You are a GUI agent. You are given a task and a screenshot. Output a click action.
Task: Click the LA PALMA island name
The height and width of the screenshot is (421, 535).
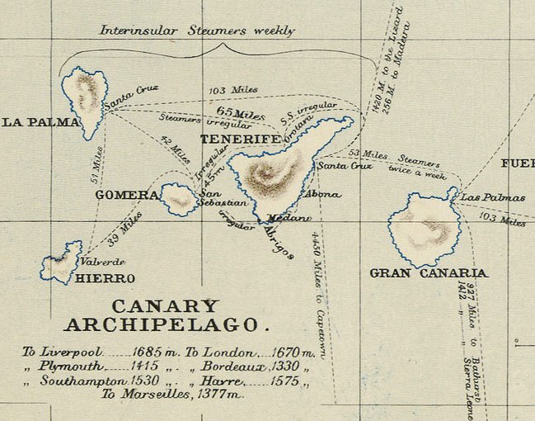click(x=40, y=122)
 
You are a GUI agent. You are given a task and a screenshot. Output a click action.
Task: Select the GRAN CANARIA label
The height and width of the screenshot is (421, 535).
click(x=428, y=272)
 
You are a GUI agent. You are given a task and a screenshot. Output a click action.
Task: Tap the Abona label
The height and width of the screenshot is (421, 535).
click(x=321, y=194)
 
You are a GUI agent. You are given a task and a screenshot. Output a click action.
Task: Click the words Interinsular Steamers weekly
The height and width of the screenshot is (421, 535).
click(x=197, y=31)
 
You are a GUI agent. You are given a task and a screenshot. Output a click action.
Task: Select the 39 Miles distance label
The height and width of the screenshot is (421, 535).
click(x=124, y=229)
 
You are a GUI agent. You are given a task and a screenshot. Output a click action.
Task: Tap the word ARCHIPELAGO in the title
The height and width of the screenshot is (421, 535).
click(x=167, y=324)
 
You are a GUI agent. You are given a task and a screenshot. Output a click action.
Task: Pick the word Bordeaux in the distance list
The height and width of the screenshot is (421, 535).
click(x=228, y=367)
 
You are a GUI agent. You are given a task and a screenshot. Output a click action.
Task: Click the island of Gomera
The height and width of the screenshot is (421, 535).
click(x=178, y=199)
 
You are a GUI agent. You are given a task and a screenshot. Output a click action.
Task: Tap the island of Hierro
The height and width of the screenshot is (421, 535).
click(x=62, y=263)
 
